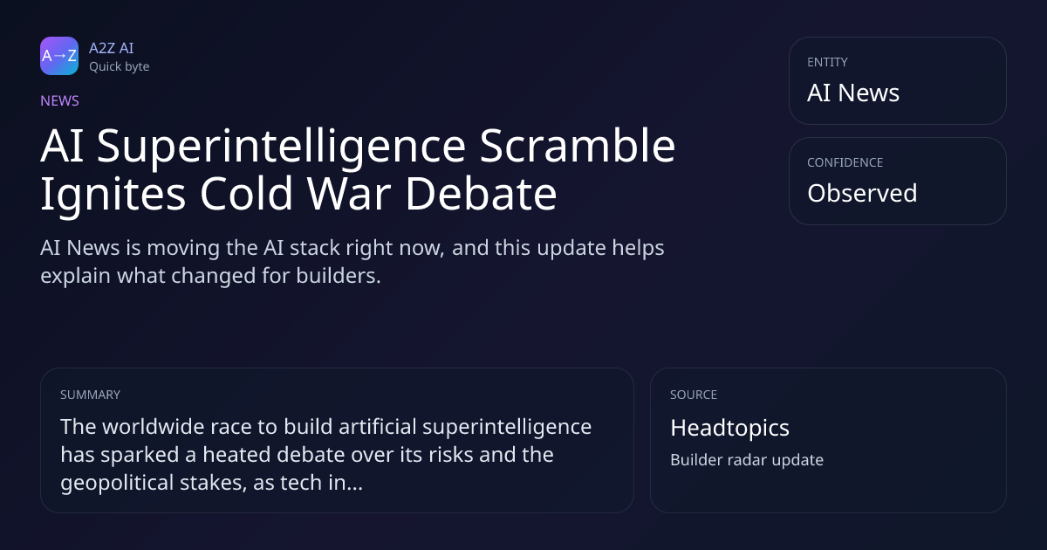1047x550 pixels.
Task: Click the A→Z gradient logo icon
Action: coord(59,56)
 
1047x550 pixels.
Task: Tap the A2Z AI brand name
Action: coord(112,48)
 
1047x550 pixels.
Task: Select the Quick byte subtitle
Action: coord(120,66)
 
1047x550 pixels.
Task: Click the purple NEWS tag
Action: coord(59,100)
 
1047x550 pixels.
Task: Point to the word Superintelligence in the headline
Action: coord(281,147)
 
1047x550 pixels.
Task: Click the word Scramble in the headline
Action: coord(578,146)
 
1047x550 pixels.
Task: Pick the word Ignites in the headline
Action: coord(113,194)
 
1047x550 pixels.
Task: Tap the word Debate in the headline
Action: coord(481,193)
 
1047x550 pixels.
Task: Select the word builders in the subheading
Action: coord(339,276)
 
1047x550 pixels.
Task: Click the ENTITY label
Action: coord(827,62)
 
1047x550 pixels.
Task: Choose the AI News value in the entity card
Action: coord(853,93)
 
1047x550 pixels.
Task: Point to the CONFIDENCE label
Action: coord(845,162)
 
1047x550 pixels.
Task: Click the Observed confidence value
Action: coord(862,193)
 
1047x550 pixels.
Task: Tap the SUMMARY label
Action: coord(90,395)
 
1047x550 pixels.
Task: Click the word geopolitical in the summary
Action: coord(117,483)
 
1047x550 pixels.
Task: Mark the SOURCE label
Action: coord(694,395)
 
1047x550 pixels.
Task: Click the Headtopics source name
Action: coord(729,428)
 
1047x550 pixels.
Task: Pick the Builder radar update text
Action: coord(747,460)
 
